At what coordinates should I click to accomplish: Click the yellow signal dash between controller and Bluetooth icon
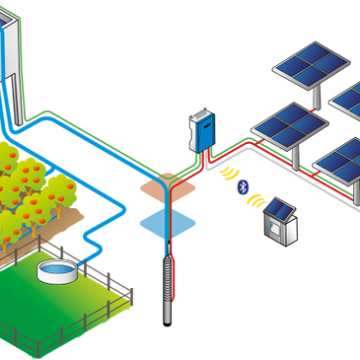point(223,171)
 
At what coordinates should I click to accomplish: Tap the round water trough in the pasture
point(55,268)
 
